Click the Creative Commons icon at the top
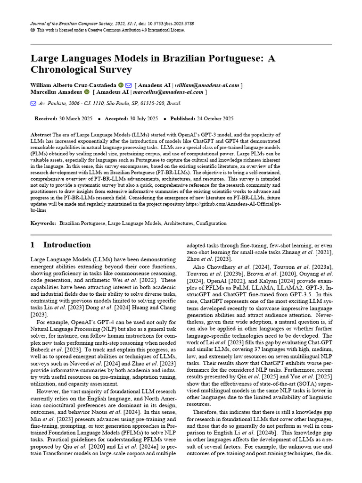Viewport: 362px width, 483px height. [x=33, y=30]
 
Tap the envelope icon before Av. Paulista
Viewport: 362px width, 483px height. [x=33, y=103]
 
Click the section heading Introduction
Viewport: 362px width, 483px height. [x=67, y=245]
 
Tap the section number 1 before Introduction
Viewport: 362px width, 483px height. [x=33, y=245]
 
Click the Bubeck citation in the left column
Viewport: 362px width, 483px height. [x=50, y=338]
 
